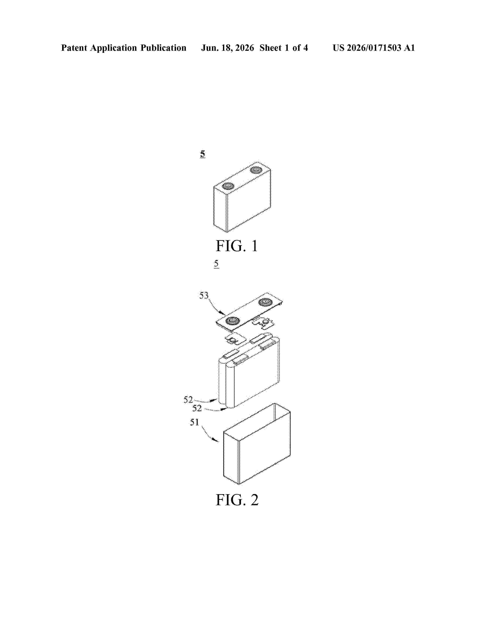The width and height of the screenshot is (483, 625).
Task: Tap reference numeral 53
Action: click(x=204, y=295)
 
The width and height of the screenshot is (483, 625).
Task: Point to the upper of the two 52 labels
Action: click(x=188, y=399)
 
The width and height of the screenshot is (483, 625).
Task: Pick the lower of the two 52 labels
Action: click(x=197, y=408)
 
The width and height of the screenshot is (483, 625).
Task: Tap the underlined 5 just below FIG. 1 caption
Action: click(x=216, y=264)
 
